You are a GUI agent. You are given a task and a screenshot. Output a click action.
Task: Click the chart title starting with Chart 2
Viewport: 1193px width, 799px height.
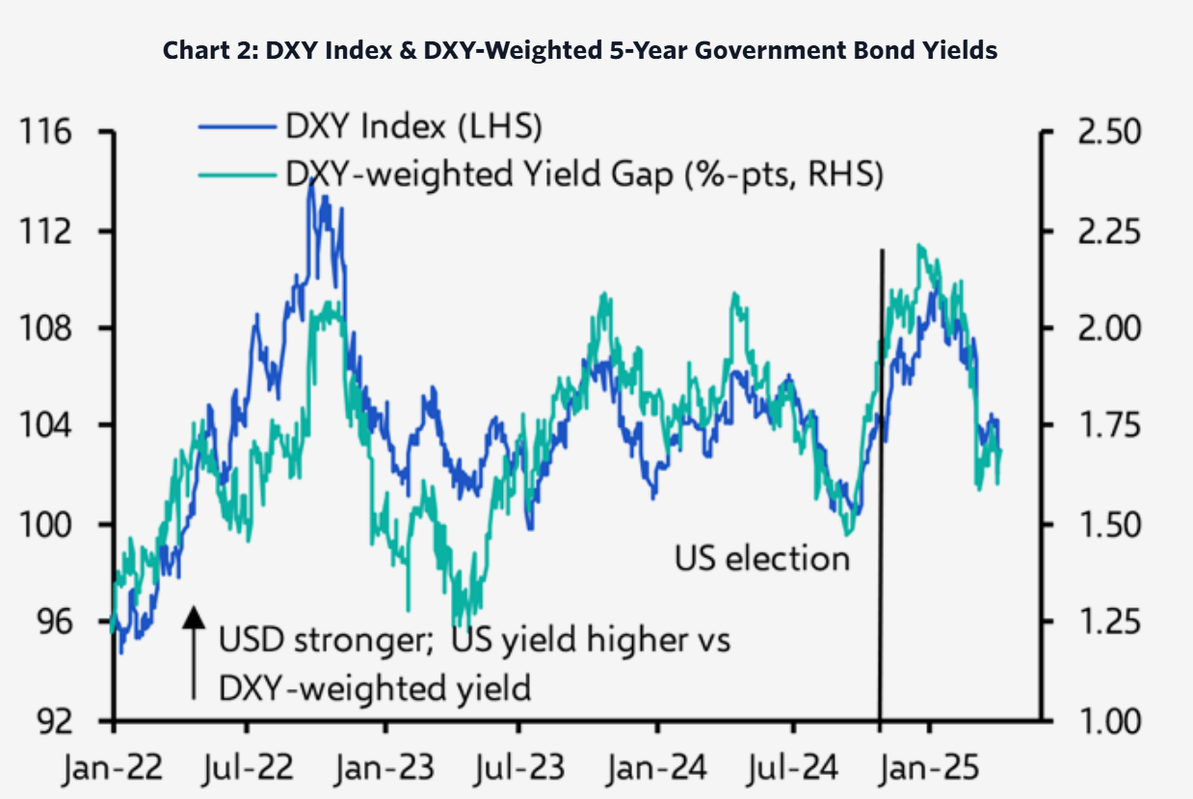[x=580, y=51]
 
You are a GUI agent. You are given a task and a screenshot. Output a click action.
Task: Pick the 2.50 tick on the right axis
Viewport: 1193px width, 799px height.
[x=1103, y=132]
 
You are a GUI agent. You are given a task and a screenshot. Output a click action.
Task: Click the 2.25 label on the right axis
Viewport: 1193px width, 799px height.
[x=1103, y=231]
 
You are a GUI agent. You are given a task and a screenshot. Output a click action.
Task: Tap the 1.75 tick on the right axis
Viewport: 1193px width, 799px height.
[x=1103, y=426]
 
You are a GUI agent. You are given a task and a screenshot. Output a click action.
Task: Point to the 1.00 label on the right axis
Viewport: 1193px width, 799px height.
[x=1103, y=720]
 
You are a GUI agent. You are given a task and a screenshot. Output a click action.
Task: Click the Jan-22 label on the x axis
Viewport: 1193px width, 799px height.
[x=115, y=770]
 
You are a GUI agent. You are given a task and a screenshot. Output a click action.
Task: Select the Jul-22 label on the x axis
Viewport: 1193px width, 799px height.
[x=251, y=770]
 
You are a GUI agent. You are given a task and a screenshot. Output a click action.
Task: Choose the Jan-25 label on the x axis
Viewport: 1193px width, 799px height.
[x=931, y=770]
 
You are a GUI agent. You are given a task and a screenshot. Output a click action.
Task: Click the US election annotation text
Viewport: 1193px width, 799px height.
[x=761, y=558]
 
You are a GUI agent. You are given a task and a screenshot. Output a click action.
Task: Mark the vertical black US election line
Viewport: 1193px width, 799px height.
[x=881, y=482]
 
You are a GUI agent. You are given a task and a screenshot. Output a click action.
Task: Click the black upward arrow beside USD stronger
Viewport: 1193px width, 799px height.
[x=194, y=652]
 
